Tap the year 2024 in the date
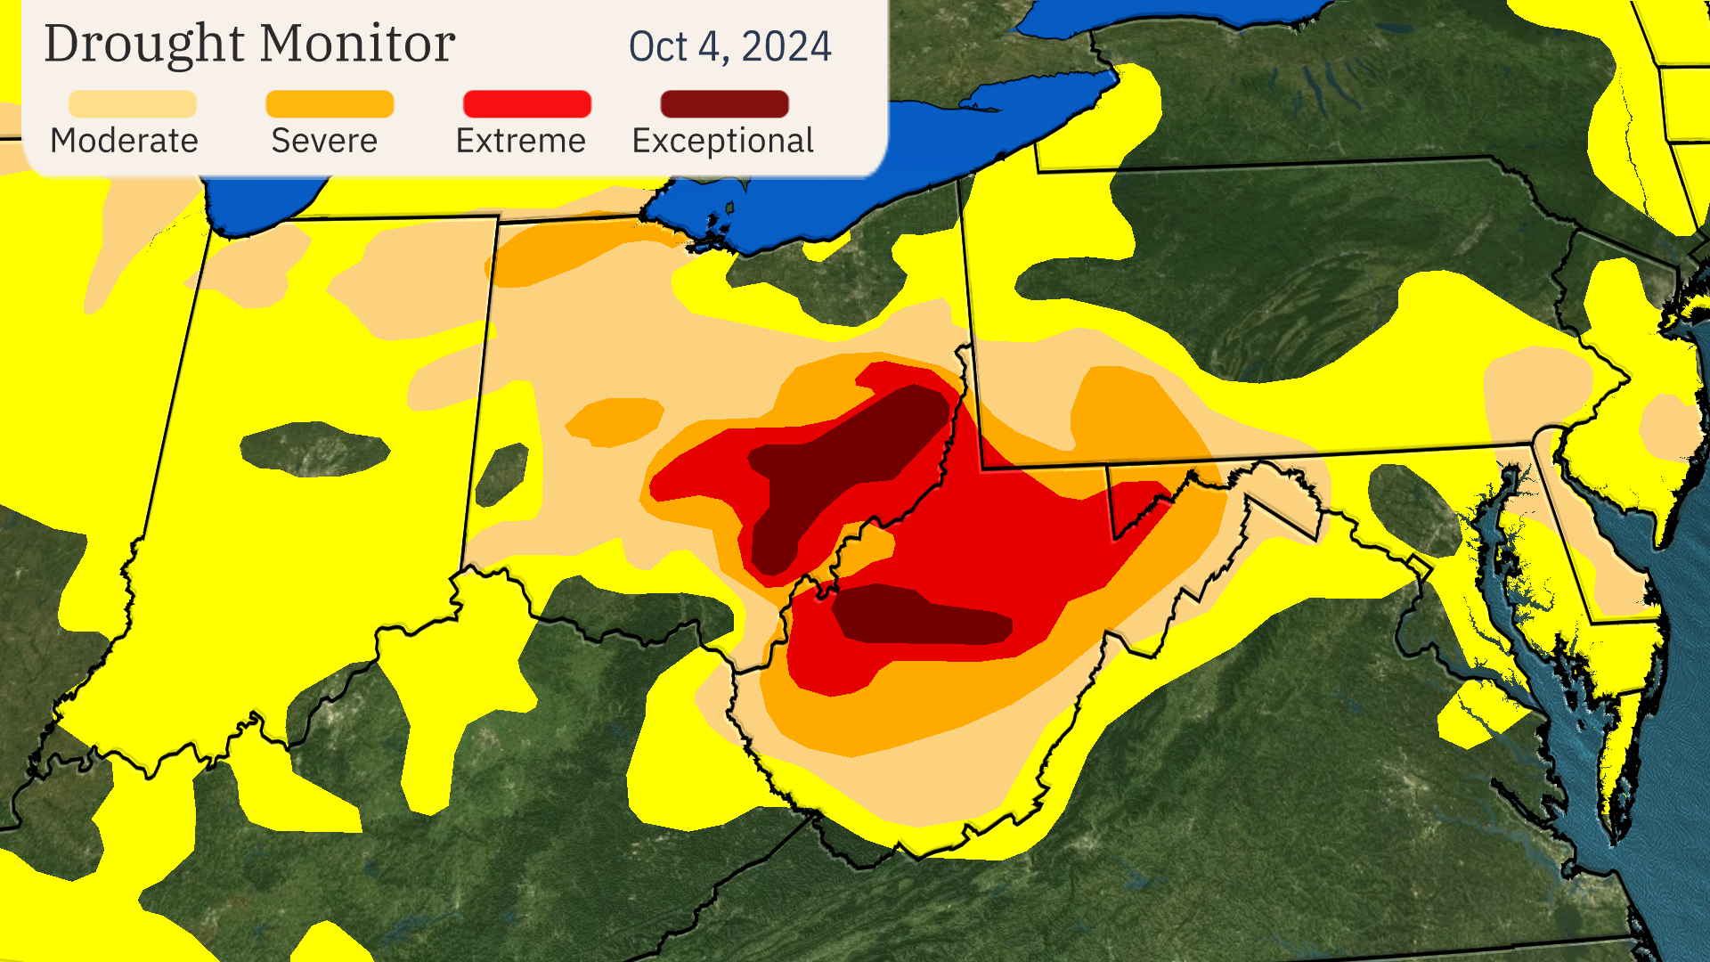[786, 46]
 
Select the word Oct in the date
[658, 46]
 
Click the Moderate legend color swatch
[132, 103]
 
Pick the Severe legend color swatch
[330, 103]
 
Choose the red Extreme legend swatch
[527, 103]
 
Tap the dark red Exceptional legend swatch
[724, 103]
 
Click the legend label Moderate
[124, 141]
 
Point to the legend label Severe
[324, 141]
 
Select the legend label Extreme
[520, 141]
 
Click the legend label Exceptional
[722, 141]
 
